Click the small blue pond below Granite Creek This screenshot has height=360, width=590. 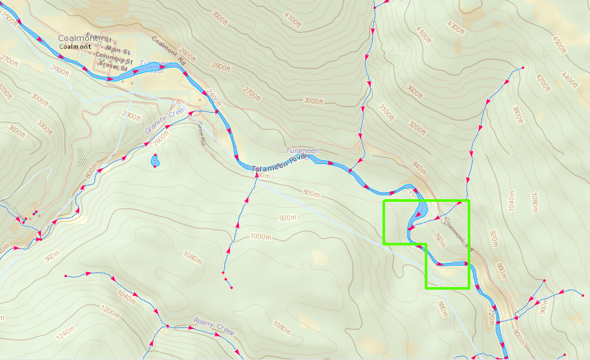155,159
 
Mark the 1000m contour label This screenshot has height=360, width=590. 260,236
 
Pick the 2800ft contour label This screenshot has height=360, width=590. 221,67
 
